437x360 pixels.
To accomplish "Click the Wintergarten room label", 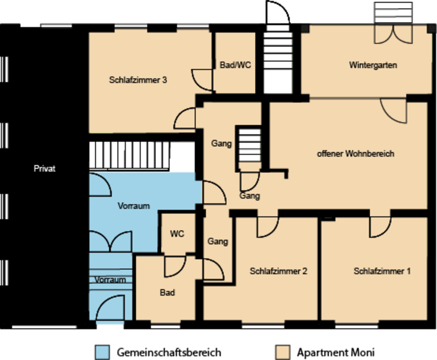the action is [373, 65].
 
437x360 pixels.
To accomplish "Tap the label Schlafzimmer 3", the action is [138, 80].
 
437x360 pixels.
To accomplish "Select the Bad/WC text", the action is [235, 65].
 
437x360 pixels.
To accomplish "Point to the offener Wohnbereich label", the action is [356, 154].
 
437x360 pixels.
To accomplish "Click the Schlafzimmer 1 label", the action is [382, 271].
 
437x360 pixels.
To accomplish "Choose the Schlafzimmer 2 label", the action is [278, 271].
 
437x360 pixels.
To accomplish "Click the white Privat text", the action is [45, 168].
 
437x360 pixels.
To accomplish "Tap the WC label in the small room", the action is [177, 234].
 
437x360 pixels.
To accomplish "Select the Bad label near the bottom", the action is [167, 293].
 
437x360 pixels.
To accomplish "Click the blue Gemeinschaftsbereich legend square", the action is [102, 352].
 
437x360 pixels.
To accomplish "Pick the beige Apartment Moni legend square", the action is [282, 352].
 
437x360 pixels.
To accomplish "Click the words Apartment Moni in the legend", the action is [336, 352].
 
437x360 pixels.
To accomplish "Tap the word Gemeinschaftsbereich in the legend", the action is [169, 352].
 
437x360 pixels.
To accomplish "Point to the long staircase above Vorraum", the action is [129, 155].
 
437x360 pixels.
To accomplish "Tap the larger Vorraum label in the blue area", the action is [134, 206].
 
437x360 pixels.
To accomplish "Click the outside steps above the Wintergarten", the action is [393, 13].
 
